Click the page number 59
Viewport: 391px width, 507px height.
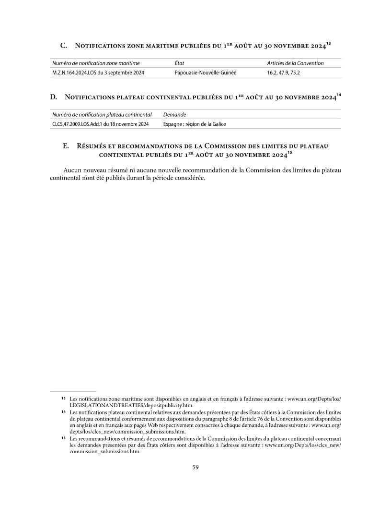point(195,467)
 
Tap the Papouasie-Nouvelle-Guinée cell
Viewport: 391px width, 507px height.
point(206,72)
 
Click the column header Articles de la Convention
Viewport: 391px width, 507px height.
point(295,63)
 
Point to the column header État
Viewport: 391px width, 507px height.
point(180,63)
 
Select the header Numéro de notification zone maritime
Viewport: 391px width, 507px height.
point(96,63)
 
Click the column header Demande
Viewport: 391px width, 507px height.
point(175,115)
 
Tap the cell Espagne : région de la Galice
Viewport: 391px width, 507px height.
point(195,124)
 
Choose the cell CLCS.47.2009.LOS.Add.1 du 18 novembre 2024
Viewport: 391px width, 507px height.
point(100,124)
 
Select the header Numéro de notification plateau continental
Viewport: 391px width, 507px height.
point(102,115)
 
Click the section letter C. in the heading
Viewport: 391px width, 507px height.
point(63,46)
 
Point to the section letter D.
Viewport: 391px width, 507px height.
point(54,97)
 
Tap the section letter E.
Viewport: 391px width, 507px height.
point(67,145)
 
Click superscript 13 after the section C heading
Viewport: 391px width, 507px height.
point(328,44)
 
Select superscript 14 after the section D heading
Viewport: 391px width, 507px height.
point(339,95)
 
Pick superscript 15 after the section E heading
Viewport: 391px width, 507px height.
point(289,153)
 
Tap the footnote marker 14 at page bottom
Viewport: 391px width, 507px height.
point(63,411)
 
